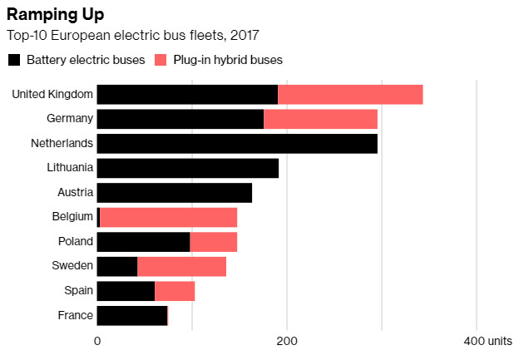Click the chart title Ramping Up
point(56,15)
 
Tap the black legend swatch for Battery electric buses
point(14,60)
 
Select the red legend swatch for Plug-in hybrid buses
point(161,60)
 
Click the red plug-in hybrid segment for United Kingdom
point(350,94)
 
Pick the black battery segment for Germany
point(180,119)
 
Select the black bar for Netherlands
point(237,143)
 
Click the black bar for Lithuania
point(188,168)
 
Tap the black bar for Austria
point(175,193)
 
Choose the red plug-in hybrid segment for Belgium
point(168,217)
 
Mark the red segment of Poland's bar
point(214,242)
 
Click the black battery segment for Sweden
point(117,266)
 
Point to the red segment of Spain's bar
point(175,291)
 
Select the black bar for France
point(132,315)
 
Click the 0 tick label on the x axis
point(97,342)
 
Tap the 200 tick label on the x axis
point(287,342)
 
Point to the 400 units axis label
point(488,342)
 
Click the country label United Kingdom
point(52,94)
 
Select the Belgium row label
point(72,217)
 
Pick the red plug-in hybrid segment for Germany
point(320,119)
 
